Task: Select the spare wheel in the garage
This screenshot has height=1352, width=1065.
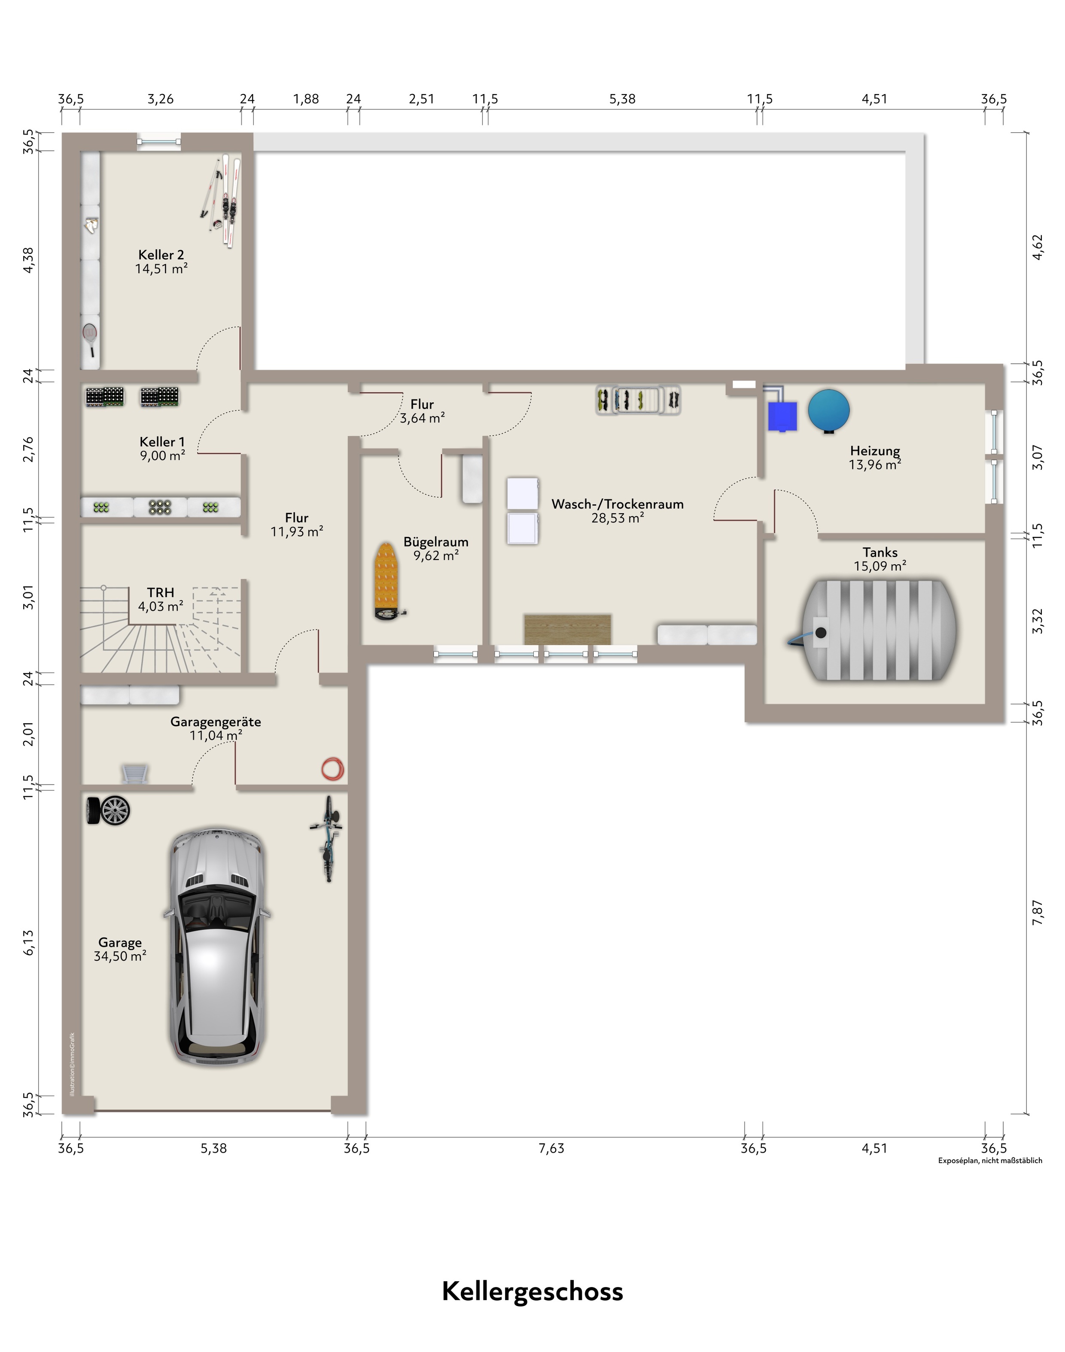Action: pyautogui.click(x=108, y=811)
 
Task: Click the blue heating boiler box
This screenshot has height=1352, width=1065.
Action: pyautogui.click(x=782, y=416)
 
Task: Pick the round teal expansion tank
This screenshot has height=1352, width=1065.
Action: pyautogui.click(x=829, y=410)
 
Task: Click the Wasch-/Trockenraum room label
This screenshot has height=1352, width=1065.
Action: pyautogui.click(x=617, y=504)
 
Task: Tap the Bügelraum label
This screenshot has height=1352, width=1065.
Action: pyautogui.click(x=436, y=542)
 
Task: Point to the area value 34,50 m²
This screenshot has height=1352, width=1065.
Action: pyautogui.click(x=120, y=956)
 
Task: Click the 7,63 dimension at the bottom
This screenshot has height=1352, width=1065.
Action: pyautogui.click(x=551, y=1148)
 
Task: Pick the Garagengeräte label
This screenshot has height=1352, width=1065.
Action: pyautogui.click(x=216, y=722)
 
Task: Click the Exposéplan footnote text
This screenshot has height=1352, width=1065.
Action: pyautogui.click(x=990, y=1160)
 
